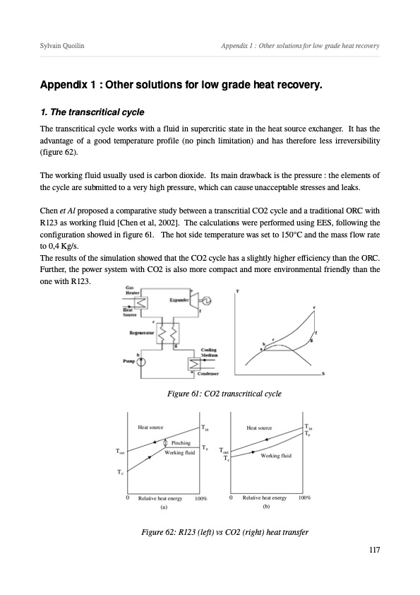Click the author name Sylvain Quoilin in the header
pos(62,46)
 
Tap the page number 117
pos(374,550)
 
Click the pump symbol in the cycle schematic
pos(141,362)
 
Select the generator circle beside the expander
pos(207,301)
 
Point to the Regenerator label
pos(142,333)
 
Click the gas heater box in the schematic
pos(141,303)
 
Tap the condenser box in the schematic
pos(194,365)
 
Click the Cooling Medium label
pos(209,353)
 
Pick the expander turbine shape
pos(193,300)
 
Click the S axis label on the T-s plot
pos(323,374)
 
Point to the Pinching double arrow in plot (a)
pos(165,443)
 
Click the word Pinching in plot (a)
pos(181,443)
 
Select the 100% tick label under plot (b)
pos(304,497)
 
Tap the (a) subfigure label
pos(163,507)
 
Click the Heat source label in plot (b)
pos(259,428)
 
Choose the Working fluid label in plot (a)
pos(180,452)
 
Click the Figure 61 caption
pos(224,394)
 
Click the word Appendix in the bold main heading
pos(64,85)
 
